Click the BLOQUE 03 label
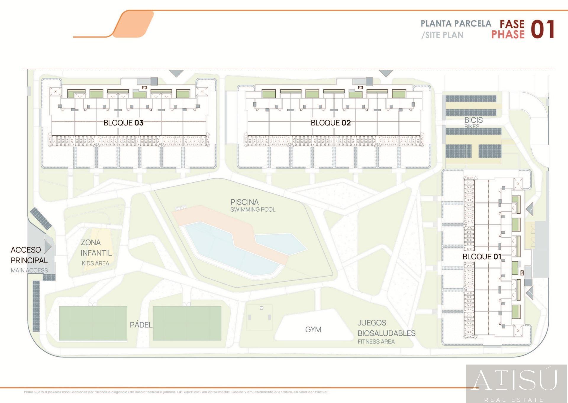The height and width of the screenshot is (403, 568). [x=123, y=123]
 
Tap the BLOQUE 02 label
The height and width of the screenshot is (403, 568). [x=330, y=123]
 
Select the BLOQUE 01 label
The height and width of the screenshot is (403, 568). [x=482, y=257]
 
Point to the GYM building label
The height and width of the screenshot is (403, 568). [x=313, y=329]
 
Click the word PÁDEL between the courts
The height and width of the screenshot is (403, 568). [x=141, y=325]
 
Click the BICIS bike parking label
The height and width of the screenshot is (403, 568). [x=473, y=120]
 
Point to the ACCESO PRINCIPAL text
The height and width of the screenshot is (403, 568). [x=29, y=255]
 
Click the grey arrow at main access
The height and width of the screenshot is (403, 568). [x=48, y=246]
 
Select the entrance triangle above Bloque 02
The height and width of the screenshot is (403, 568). [x=386, y=73]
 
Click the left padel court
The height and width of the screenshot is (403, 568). [x=93, y=323]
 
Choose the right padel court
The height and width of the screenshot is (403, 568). [x=187, y=323]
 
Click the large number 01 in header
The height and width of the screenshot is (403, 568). [x=543, y=30]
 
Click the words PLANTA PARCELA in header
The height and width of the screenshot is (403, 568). [x=456, y=23]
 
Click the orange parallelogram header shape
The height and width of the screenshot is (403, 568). [x=133, y=24]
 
